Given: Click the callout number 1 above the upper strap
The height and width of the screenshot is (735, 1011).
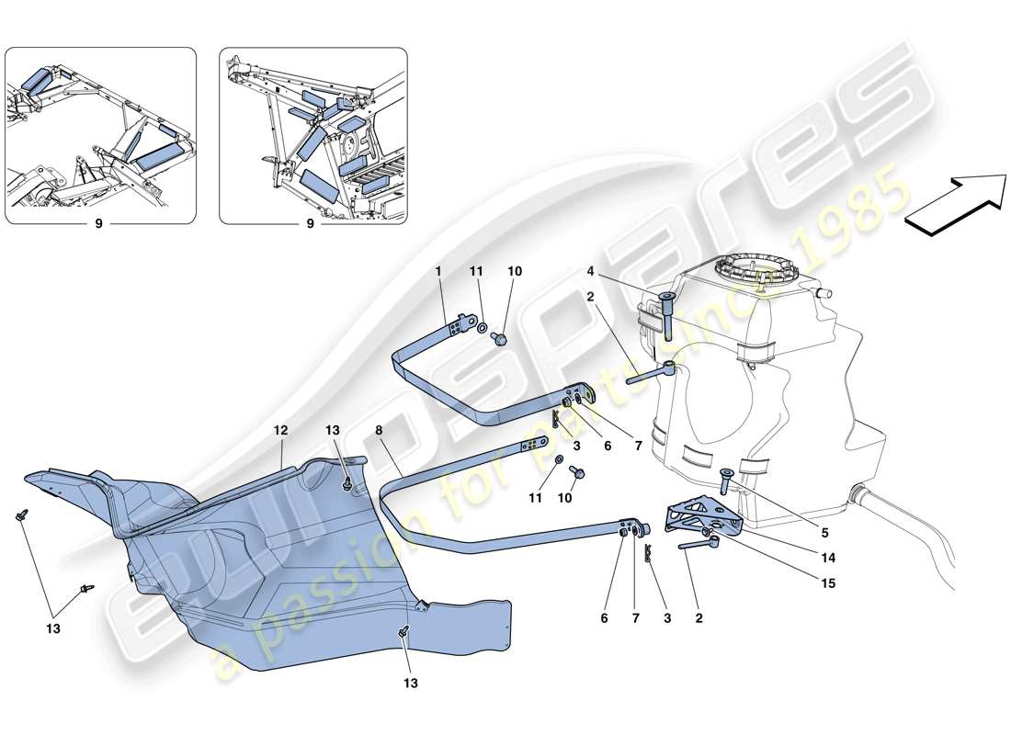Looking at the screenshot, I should tap(439, 273).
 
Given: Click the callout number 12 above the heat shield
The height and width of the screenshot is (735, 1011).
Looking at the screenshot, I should tap(279, 429).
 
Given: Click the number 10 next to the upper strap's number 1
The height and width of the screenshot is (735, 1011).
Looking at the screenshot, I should tap(515, 273).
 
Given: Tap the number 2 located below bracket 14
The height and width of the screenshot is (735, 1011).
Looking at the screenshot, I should tap(699, 619).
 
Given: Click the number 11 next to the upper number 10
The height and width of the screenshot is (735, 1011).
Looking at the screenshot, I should tap(476, 273).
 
